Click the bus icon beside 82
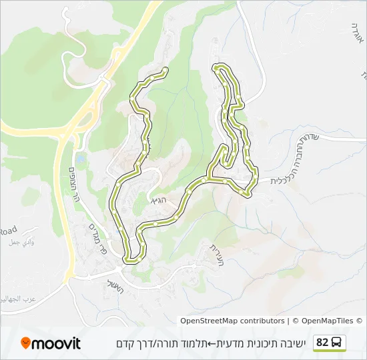pos(338,343)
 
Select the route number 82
pos(322,343)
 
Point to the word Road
pos(8,230)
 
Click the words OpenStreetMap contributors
pos(232,321)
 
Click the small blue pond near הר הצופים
pos(81,160)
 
